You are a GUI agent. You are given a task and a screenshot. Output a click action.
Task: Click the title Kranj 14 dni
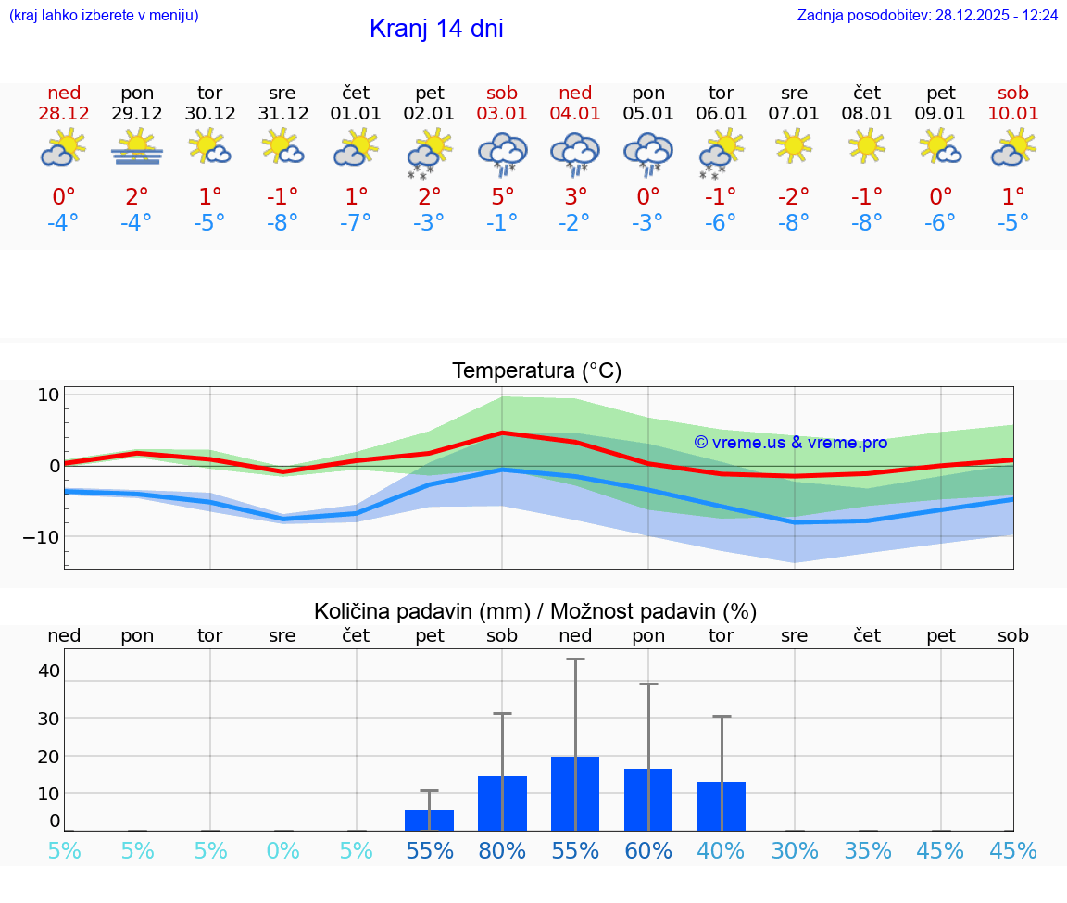[436, 29]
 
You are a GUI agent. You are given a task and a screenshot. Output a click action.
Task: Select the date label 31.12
[282, 114]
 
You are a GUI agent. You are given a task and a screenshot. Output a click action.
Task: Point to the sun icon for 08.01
[867, 146]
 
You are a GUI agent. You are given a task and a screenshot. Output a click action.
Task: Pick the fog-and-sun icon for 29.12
[137, 148]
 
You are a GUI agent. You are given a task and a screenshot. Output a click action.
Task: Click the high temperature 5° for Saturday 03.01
[502, 197]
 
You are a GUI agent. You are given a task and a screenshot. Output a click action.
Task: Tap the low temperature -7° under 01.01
[356, 223]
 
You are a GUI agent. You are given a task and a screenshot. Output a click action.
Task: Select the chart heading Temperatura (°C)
[536, 371]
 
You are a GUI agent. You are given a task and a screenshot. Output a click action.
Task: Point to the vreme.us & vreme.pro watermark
[790, 443]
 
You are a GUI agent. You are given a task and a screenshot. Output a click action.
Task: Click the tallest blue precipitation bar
[575, 794]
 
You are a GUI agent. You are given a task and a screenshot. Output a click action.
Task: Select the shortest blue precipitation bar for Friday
[429, 821]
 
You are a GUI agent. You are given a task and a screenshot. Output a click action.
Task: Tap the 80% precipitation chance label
[502, 850]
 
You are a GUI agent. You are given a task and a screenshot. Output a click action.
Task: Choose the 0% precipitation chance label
[282, 850]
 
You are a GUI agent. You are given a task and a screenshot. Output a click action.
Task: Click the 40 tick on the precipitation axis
[48, 671]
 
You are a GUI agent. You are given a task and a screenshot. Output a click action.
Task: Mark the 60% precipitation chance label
[648, 850]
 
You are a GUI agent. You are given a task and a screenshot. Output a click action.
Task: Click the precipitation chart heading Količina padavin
[535, 611]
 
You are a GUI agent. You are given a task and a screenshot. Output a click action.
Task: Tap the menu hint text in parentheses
[104, 16]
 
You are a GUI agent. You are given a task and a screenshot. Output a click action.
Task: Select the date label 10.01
[1013, 114]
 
